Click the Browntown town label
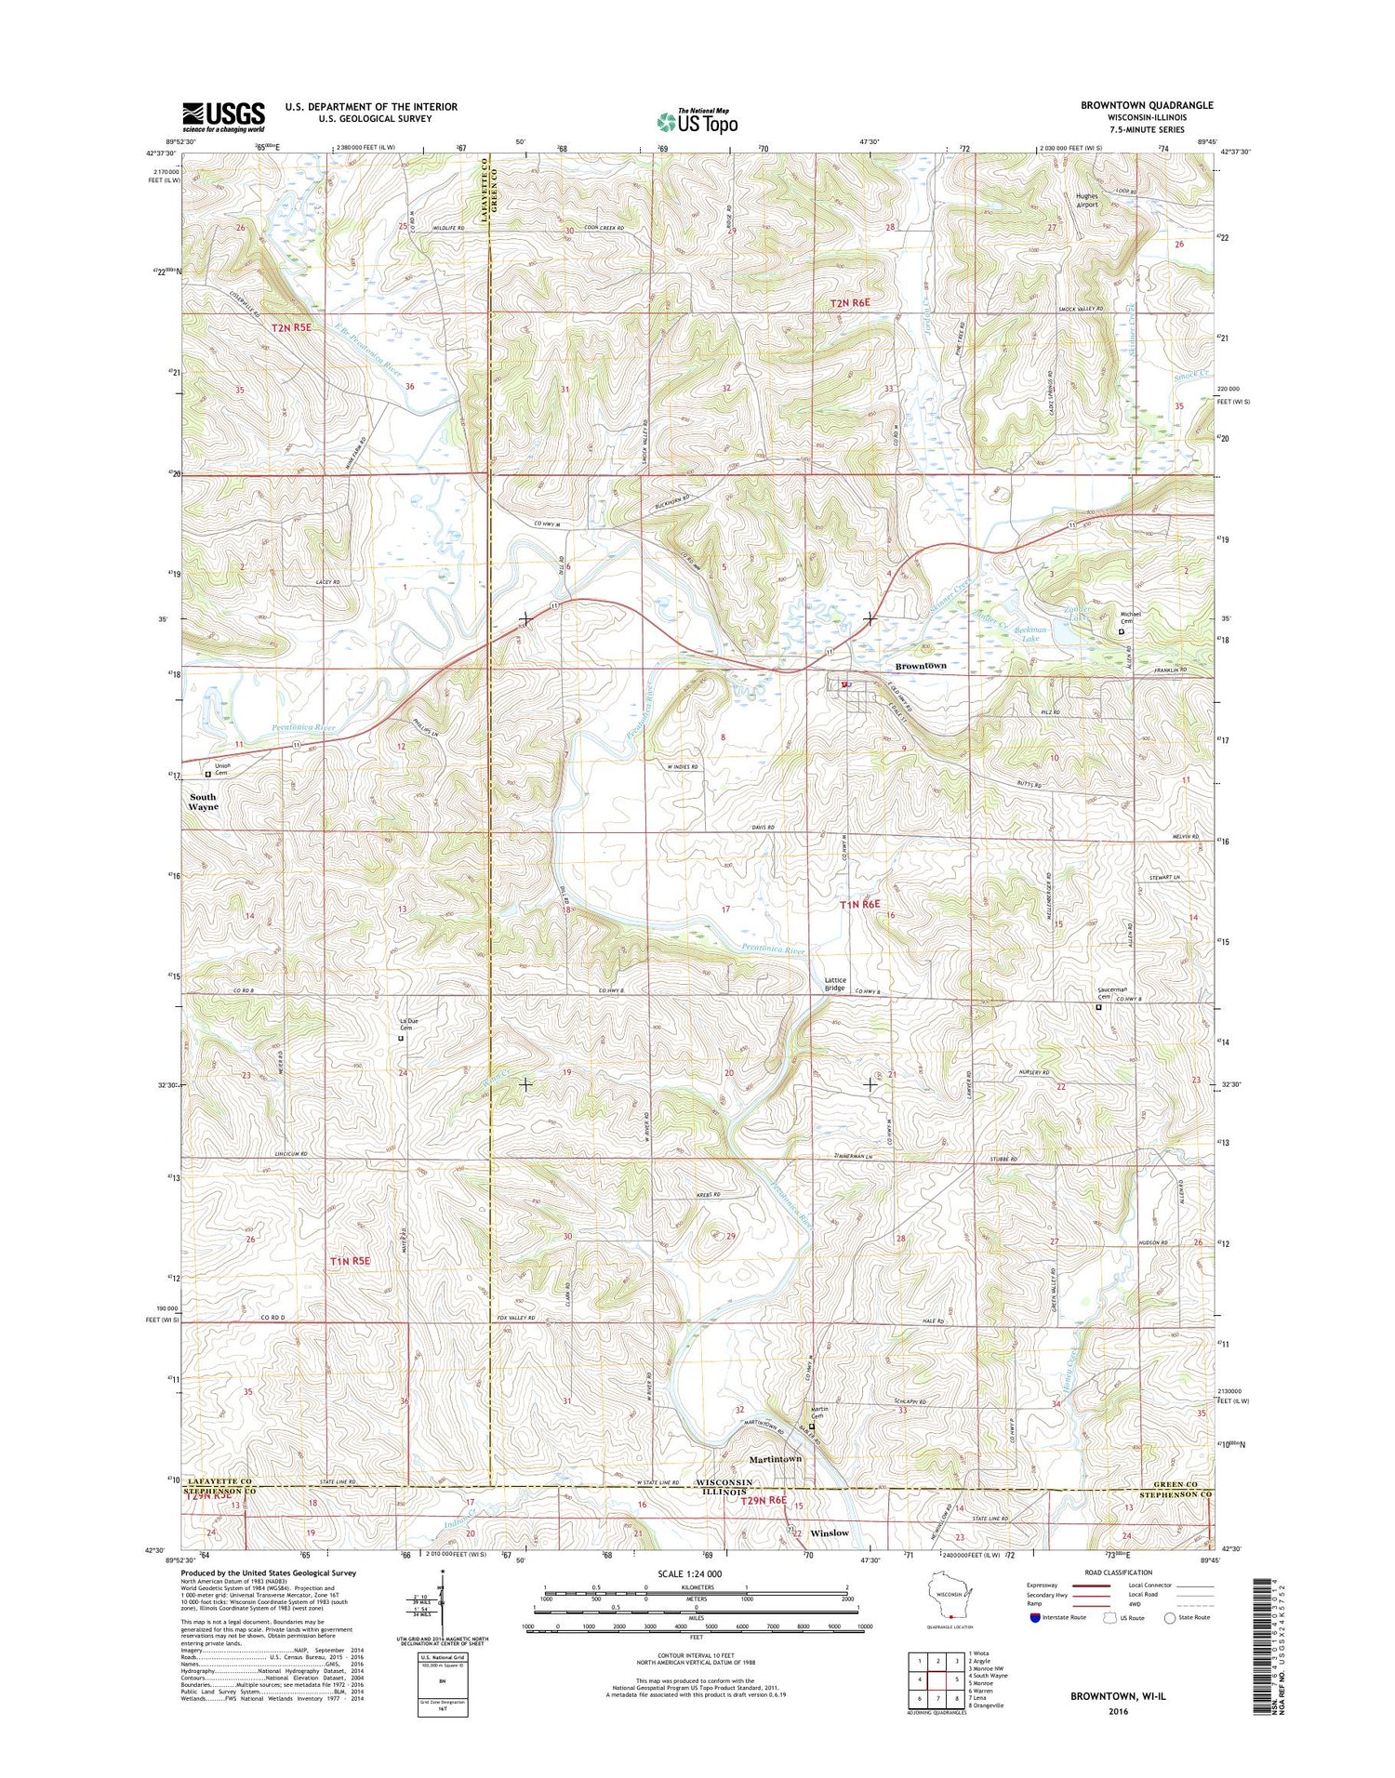coord(920,666)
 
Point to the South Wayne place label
coord(204,802)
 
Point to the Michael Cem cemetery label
coord(1130,617)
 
